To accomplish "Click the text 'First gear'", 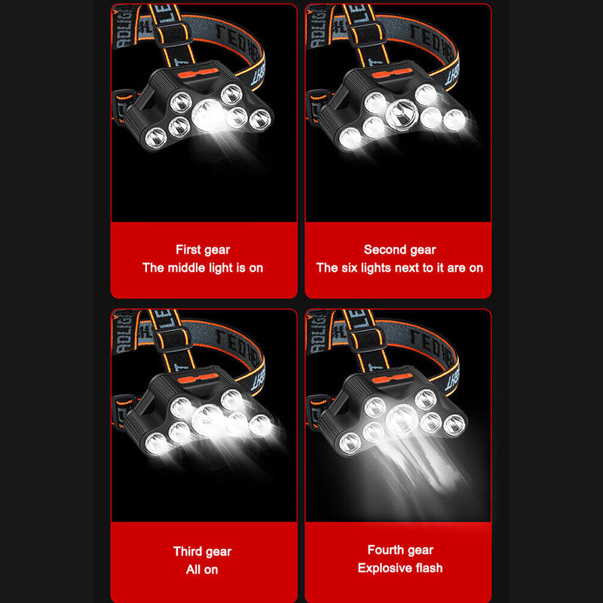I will [x=203, y=249].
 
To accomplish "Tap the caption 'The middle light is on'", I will [x=203, y=268].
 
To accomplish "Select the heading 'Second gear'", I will [x=399, y=249].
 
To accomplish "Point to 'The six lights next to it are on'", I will [x=399, y=268].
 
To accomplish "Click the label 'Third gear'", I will [x=202, y=552].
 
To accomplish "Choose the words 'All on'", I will [x=202, y=569].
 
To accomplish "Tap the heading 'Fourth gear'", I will [x=400, y=550].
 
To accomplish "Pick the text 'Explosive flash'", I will [x=400, y=568].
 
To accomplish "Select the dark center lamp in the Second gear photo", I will [x=401, y=113].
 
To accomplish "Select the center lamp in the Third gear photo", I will [x=207, y=419].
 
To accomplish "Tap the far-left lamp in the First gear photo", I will [x=155, y=137].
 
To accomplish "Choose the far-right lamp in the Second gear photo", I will [x=454, y=121].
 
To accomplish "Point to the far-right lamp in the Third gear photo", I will [x=260, y=424].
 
